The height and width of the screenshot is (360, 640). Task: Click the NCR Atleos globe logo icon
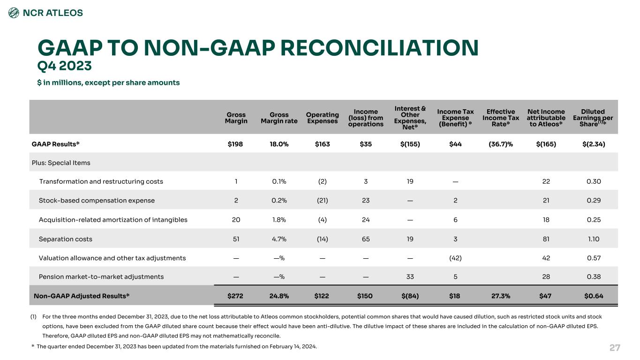(14, 13)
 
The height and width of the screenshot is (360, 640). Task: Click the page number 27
(615, 348)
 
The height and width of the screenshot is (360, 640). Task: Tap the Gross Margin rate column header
(279, 118)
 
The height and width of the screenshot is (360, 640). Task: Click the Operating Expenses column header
(322, 118)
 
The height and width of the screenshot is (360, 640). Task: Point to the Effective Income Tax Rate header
(501, 118)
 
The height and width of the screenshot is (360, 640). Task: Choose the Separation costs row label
(66, 239)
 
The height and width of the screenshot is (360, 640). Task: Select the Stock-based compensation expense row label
(97, 201)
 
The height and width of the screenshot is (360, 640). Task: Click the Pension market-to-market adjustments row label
(101, 277)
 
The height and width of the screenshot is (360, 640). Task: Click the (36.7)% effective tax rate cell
(501, 144)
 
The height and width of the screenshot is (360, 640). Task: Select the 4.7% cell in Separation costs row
(279, 239)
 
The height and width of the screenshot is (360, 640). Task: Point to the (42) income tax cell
(455, 258)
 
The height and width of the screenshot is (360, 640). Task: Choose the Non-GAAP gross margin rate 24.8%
(279, 296)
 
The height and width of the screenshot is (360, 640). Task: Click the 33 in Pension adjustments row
(410, 277)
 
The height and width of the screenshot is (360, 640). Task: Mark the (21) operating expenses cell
(322, 201)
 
